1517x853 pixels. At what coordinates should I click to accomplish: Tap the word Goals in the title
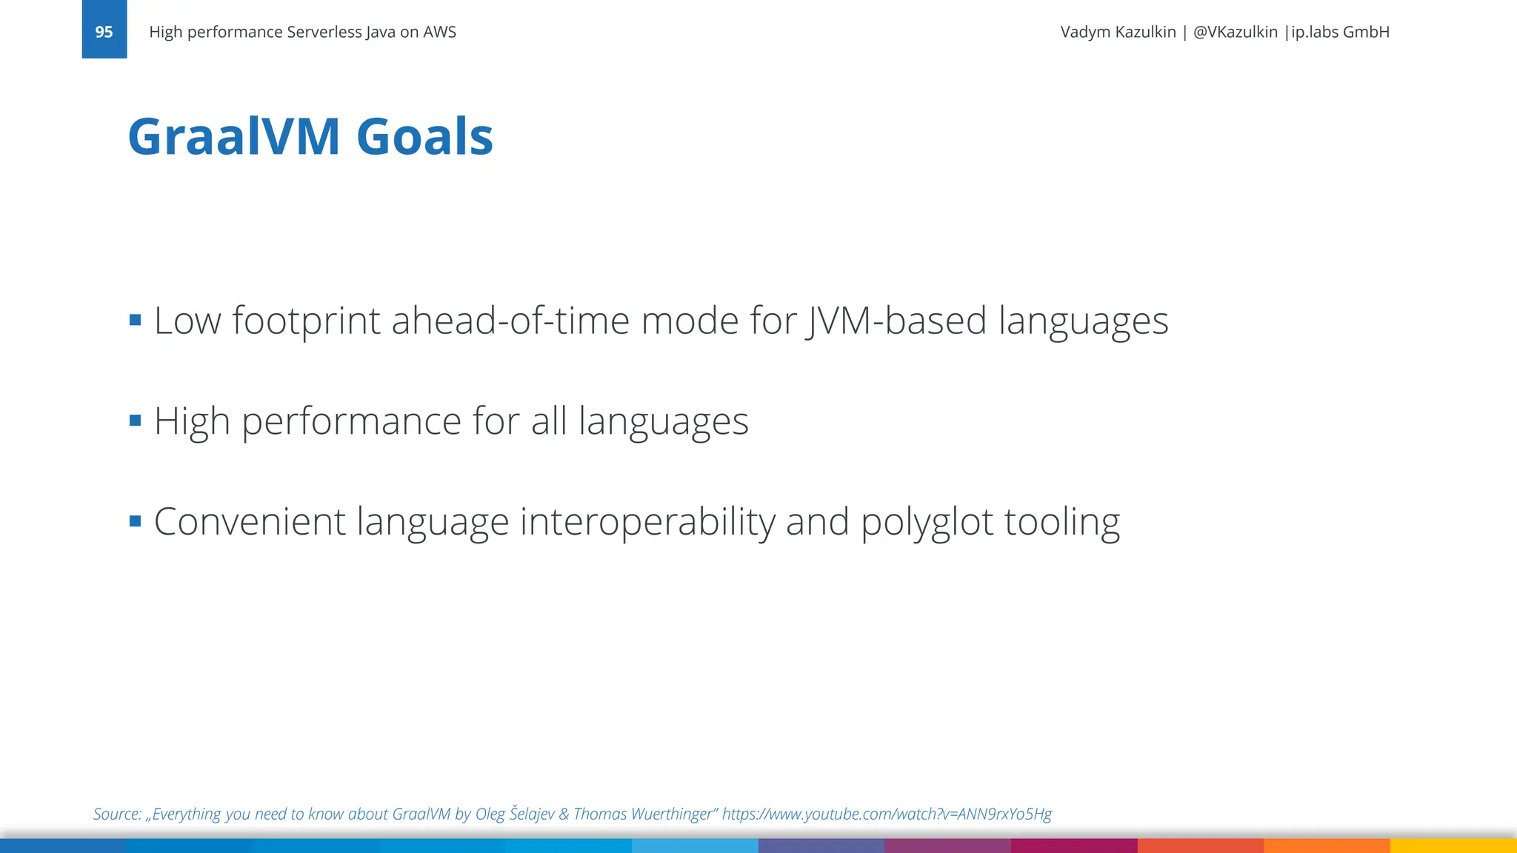(x=424, y=137)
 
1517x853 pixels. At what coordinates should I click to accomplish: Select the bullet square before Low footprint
(x=135, y=320)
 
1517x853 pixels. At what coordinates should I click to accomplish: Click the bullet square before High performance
(x=135, y=421)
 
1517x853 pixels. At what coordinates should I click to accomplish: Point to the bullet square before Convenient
(x=135, y=521)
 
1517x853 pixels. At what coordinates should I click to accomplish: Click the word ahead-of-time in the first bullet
(x=510, y=321)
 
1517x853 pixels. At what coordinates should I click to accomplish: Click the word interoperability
(x=647, y=523)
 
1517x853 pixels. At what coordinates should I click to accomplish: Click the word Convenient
(x=250, y=521)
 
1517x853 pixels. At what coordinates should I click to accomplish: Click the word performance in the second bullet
(x=352, y=422)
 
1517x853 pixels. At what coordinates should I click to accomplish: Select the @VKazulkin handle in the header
(x=1235, y=32)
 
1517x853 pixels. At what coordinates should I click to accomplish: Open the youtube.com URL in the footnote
(x=887, y=814)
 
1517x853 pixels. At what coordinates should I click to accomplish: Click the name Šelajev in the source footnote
(x=532, y=814)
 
